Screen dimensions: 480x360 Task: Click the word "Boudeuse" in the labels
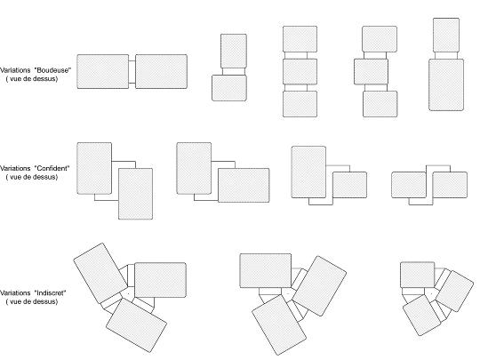(x=52, y=70)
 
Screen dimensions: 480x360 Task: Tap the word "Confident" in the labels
(x=52, y=168)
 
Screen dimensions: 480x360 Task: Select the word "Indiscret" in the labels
(x=51, y=293)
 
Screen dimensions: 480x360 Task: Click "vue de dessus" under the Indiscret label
(x=32, y=301)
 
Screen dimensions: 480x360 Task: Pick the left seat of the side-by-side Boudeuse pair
(x=103, y=72)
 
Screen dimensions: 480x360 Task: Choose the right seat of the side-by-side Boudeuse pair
(x=161, y=72)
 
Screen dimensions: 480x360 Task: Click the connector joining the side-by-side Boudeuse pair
(x=132, y=72)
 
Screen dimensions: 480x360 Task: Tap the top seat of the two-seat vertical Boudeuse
(x=234, y=52)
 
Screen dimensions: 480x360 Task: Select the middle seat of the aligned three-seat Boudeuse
(x=300, y=72)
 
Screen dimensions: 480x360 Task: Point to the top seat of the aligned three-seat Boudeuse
(x=300, y=39)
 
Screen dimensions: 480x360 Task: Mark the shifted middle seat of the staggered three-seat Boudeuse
(x=371, y=72)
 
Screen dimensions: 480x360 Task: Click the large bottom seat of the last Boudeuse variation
(x=446, y=84)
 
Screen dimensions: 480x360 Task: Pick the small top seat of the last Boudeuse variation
(x=446, y=36)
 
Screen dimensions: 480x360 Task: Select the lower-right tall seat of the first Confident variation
(x=136, y=194)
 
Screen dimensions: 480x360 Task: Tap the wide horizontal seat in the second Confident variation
(x=244, y=185)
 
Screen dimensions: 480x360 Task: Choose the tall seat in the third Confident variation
(x=308, y=172)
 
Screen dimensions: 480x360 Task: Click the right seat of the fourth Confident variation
(x=450, y=185)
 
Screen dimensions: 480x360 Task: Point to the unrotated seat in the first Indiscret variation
(x=160, y=280)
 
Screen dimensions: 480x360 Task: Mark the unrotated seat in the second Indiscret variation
(x=266, y=270)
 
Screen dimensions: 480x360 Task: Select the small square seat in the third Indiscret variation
(x=417, y=275)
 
